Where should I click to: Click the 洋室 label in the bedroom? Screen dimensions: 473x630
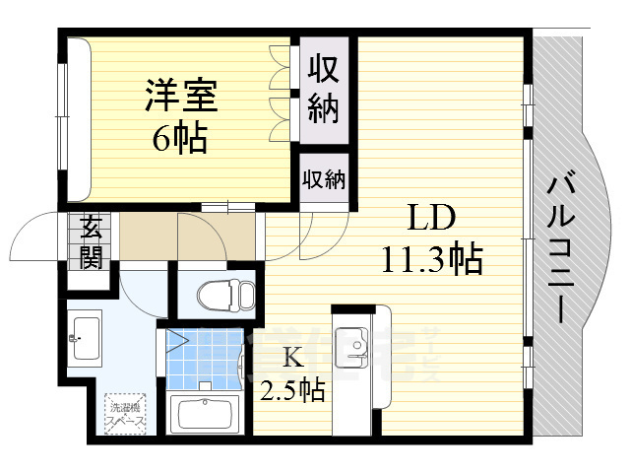(x=181, y=98)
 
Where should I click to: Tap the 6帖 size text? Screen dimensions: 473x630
(x=179, y=139)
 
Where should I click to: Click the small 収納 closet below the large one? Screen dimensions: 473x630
(x=324, y=179)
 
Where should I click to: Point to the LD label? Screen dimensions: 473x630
(x=431, y=216)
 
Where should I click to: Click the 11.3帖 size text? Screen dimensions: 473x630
(x=431, y=258)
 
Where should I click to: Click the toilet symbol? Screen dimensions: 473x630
(x=225, y=294)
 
